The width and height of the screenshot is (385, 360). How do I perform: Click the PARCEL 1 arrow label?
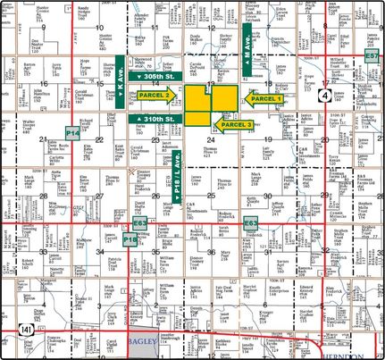pyautogui.click(x=265, y=99)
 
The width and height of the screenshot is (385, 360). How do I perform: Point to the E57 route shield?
pyautogui.click(x=372, y=55)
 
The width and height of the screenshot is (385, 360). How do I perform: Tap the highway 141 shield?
pyautogui.click(x=20, y=331)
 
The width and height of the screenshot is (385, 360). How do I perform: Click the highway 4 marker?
pyautogui.click(x=328, y=92)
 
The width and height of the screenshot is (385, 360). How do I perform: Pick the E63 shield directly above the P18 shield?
pyautogui.click(x=139, y=222)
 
